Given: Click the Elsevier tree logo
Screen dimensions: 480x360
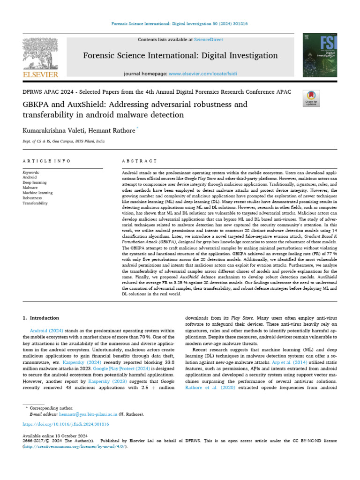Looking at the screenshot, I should pos(40,53).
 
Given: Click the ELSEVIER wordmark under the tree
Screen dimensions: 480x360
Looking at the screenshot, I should pos(41,75).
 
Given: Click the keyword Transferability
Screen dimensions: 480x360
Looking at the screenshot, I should pos(35,203).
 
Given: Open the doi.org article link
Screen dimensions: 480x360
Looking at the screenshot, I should pos(66,424).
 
